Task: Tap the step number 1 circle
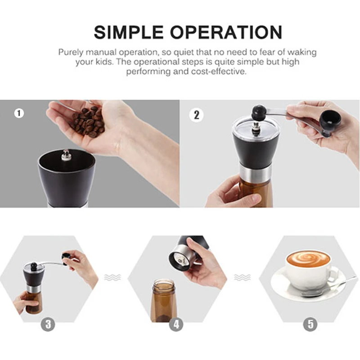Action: point(18,113)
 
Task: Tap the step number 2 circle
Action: point(196,114)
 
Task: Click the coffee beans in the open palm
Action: point(89,121)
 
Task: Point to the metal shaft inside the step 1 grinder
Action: point(66,157)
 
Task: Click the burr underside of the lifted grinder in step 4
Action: point(179,259)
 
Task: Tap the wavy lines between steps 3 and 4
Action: point(112,278)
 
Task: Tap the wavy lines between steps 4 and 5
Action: point(242,278)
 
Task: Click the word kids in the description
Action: point(103,62)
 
